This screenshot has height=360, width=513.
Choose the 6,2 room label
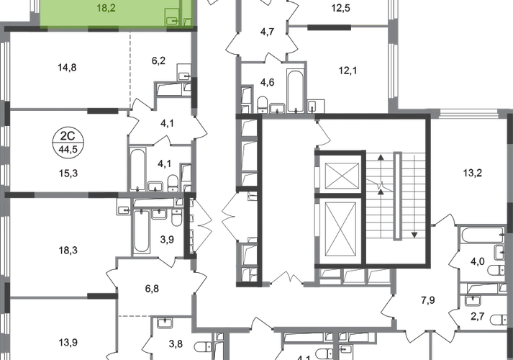(158, 62)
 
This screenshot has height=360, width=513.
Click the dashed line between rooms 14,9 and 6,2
(130, 68)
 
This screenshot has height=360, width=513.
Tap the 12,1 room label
(349, 71)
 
